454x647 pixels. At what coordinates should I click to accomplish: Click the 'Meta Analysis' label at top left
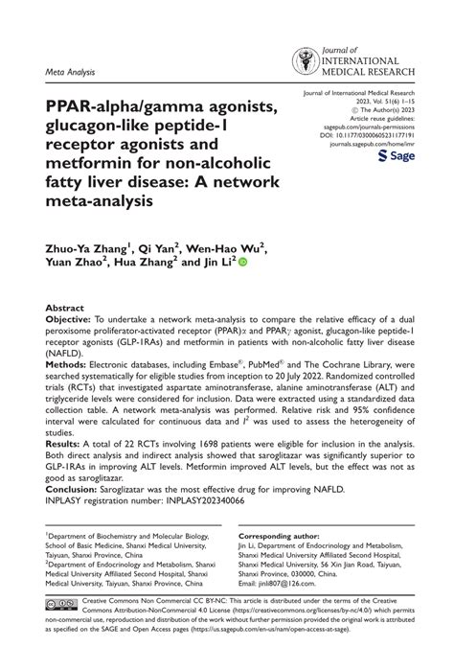70,70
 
